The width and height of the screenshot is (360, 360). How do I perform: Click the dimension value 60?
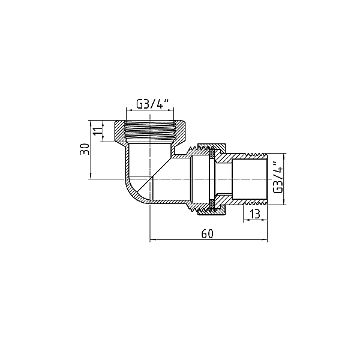[x=208, y=233]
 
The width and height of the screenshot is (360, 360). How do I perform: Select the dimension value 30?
[x=84, y=149]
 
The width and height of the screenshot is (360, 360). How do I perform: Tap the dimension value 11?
[x=98, y=131]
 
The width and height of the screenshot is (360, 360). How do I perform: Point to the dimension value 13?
[x=254, y=214]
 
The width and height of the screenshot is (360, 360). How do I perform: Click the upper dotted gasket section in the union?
[x=212, y=155]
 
